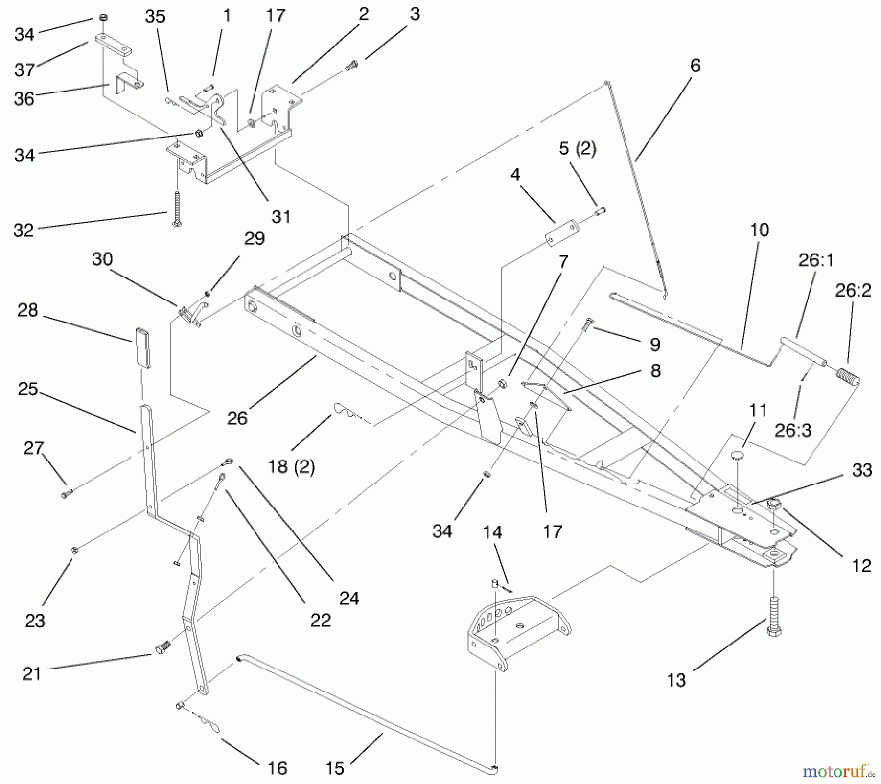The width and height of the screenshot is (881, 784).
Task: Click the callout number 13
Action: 676,680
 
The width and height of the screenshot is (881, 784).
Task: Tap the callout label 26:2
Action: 853,290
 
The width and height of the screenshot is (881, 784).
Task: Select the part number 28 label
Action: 27,310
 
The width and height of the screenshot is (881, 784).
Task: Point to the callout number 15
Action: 335,768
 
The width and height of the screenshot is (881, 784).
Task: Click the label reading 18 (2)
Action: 291,466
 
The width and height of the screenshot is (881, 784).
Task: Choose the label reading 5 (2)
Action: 578,148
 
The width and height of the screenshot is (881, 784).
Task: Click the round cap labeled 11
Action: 737,456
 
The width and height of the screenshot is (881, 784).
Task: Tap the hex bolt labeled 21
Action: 162,649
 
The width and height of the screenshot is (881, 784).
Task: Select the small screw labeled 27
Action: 67,494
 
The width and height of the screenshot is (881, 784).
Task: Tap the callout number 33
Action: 862,470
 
